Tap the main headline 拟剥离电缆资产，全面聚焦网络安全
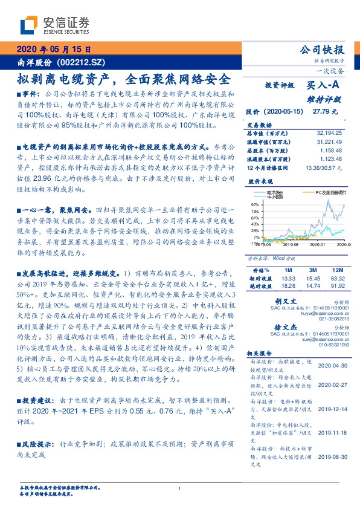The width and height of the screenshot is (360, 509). pos(123,79)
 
